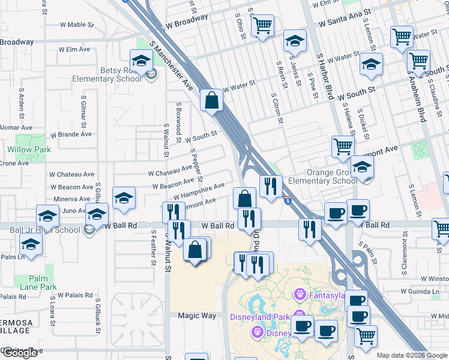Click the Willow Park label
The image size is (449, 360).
coord(29,149)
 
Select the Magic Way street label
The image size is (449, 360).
coord(192,316)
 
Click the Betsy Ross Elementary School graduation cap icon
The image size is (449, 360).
coord(141,61)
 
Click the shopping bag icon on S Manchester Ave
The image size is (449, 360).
coord(212,100)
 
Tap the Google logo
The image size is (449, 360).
coord(20,353)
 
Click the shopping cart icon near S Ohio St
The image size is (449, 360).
coord(262,26)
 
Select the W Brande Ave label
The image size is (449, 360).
coord(71,134)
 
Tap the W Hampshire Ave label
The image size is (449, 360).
coord(198,192)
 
